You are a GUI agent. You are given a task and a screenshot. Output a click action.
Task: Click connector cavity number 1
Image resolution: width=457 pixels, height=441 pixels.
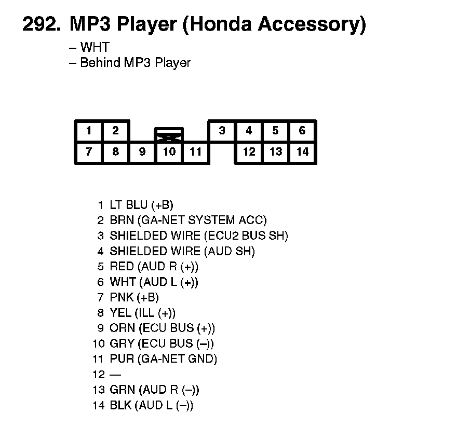point(89,131)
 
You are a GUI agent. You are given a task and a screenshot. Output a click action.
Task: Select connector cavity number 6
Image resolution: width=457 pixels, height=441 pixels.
point(302,131)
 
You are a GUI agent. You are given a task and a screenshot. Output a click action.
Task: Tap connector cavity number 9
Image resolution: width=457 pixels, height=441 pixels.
point(142,152)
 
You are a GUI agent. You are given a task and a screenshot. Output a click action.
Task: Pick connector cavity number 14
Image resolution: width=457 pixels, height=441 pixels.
point(302,152)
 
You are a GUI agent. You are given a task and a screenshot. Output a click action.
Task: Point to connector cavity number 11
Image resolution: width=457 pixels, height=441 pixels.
point(195,152)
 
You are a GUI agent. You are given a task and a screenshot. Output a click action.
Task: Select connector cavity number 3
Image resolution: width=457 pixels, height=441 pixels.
point(222,131)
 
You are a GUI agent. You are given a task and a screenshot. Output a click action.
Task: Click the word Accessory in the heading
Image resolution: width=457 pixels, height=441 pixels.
point(312,24)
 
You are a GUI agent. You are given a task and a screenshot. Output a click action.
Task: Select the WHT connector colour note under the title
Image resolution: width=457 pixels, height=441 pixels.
point(95,48)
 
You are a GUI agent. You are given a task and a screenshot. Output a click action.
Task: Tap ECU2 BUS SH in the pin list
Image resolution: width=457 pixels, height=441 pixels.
point(246,236)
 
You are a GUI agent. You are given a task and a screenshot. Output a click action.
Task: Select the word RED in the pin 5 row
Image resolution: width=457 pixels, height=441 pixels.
point(122,267)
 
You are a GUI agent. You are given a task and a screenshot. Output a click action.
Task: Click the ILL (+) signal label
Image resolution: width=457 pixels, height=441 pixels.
point(155,313)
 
